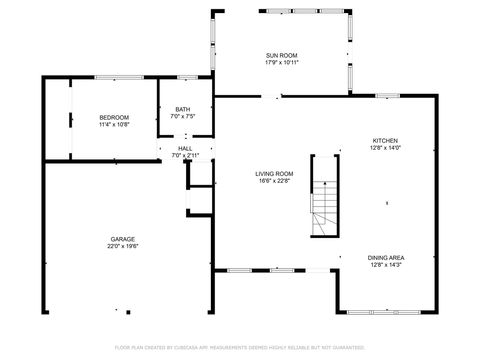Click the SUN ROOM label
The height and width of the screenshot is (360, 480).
[282, 55]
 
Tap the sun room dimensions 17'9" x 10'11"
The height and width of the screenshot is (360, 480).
[282, 62]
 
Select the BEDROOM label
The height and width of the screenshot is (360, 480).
[113, 118]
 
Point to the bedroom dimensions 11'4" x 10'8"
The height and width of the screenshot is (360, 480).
[113, 125]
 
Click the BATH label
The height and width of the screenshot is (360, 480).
[183, 109]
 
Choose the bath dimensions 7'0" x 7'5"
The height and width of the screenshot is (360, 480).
[183, 116]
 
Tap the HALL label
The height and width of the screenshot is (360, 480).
[185, 148]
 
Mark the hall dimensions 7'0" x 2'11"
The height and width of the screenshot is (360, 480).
[185, 155]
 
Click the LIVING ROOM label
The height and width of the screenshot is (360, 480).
[276, 173]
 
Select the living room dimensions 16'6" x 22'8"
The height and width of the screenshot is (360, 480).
[276, 180]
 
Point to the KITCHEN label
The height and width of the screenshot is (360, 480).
[385, 141]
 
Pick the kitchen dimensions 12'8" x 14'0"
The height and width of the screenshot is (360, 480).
[385, 148]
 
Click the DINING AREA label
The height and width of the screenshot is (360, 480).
[385, 258]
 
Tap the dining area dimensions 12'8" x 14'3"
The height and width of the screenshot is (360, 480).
[385, 265]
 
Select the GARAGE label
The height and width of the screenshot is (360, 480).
[124, 239]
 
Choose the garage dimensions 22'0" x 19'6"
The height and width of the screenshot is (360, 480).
[124, 246]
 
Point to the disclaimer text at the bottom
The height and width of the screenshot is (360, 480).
[240, 347]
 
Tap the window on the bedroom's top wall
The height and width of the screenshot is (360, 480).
[115, 77]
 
